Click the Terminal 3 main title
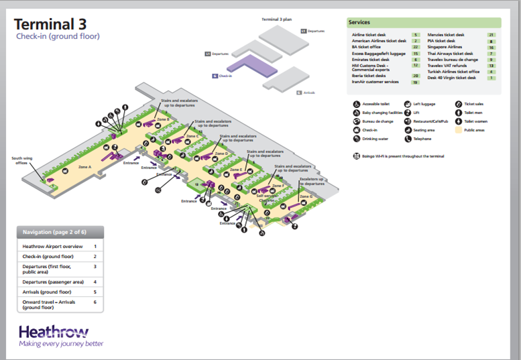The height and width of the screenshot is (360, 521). (50, 24)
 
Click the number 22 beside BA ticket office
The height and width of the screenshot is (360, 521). (416, 47)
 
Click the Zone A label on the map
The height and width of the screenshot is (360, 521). (84, 166)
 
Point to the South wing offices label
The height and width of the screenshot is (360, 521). (21, 161)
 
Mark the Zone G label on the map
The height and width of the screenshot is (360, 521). (306, 196)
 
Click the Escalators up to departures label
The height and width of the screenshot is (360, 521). (312, 180)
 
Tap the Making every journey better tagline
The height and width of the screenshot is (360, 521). (61, 344)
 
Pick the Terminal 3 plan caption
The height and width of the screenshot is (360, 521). (276, 19)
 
